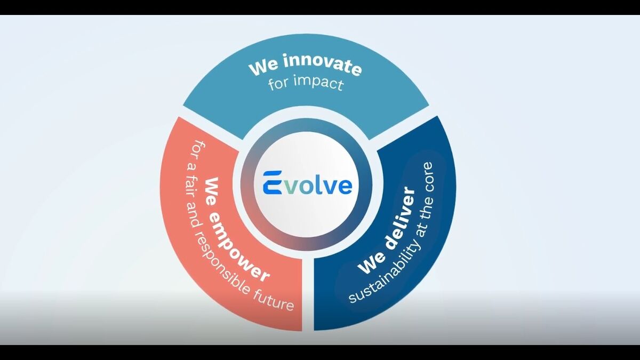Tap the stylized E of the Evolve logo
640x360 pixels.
(273, 183)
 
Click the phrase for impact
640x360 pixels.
(306, 84)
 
